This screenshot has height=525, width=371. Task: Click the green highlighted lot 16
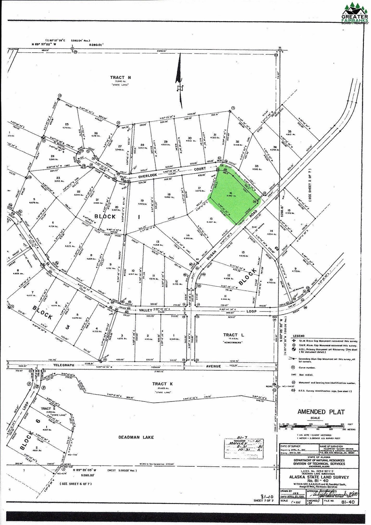point(233,198)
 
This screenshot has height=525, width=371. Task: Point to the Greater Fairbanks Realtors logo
point(354,13)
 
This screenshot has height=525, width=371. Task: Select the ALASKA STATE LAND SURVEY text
point(319,477)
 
